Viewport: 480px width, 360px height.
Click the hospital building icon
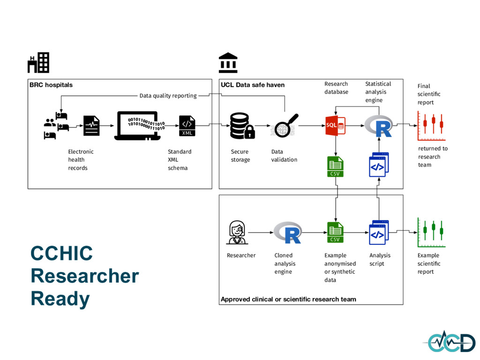coord(38,62)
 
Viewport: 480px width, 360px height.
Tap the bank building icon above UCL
coord(228,62)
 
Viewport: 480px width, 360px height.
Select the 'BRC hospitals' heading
coord(51,85)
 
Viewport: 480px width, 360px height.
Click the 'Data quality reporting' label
coord(168,96)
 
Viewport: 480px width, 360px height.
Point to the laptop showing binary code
coord(138,126)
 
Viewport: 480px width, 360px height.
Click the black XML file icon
coord(187,126)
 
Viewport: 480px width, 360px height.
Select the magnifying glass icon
coord(284,125)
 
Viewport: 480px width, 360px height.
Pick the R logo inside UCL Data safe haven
coord(379,125)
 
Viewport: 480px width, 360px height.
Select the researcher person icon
coord(237,232)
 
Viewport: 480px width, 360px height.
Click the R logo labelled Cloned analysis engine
coord(287,232)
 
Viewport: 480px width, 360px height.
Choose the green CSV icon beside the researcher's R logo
coord(335,232)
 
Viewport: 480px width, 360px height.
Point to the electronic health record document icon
coord(91,126)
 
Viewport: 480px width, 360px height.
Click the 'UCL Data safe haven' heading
coord(253,85)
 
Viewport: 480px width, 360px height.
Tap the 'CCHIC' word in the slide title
coord(61,254)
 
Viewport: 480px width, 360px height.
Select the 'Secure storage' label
coord(240,156)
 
